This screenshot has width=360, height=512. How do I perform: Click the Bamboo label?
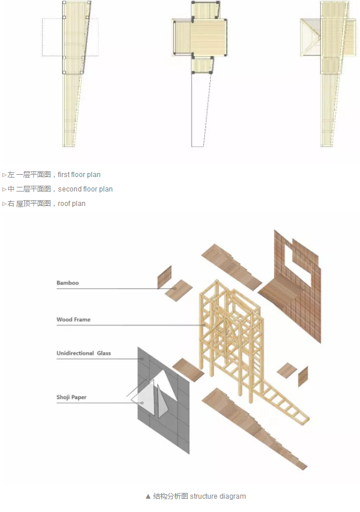tap(68, 283)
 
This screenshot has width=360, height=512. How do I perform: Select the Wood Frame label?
tap(74, 319)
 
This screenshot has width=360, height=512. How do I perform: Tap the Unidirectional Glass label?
tap(83, 353)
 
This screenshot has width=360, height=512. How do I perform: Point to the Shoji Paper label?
tap(72, 397)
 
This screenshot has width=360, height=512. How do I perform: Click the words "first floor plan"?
tap(79, 175)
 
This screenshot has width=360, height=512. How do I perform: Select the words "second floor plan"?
tap(85, 189)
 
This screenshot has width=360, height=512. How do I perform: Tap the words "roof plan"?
tap(72, 204)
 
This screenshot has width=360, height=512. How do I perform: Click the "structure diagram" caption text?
tap(218, 496)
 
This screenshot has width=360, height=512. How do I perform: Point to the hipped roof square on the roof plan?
tap(310, 38)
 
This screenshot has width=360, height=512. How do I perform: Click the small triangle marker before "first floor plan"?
tap(4, 175)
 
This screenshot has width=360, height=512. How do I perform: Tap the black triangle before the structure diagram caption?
tap(148, 496)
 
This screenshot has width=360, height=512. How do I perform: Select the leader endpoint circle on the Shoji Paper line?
tap(142, 403)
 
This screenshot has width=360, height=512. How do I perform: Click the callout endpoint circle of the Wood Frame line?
tap(204, 325)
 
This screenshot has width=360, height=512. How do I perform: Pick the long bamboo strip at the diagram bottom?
tap(255, 429)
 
